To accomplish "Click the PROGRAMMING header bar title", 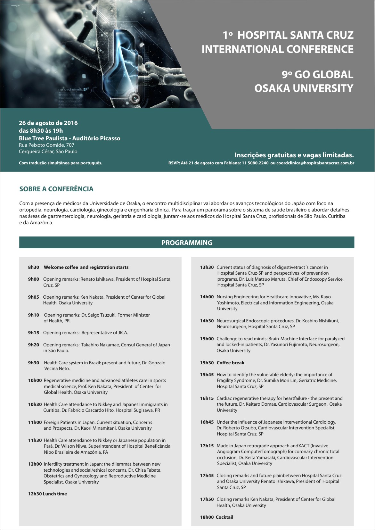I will coord(187,243).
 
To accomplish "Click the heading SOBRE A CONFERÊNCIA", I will coord(56,189).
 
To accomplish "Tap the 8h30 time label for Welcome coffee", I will coord(33,267).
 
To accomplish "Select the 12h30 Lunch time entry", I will coord(47,494).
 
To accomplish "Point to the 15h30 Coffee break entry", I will coord(222,363).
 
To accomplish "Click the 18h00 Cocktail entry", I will coord(216,517).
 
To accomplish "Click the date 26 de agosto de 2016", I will coord(48,123).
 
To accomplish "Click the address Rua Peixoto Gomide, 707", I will coord(47,145).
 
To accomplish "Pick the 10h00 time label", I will coord(35,380).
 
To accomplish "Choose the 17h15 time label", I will coord(207,446).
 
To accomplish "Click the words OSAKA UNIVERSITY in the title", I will coord(304,88).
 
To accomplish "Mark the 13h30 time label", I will coord(207,267).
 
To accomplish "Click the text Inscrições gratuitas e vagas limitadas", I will coord(294,155).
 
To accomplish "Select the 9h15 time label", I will coord(33,333).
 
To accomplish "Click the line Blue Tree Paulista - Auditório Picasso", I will coord(69,138).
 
